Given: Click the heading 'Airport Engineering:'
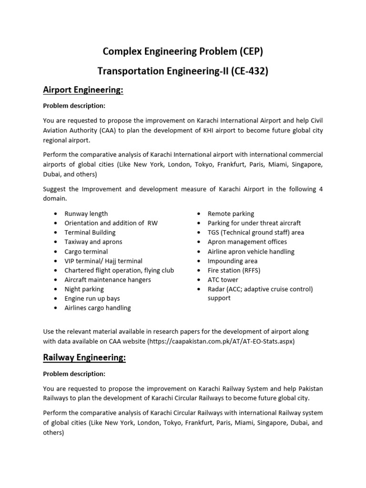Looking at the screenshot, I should pyautogui.click(x=83, y=90).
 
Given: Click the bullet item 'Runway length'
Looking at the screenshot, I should pyautogui.click(x=86, y=213).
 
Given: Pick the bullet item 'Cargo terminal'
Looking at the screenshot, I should pyautogui.click(x=86, y=251).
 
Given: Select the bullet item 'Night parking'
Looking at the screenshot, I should pyautogui.click(x=84, y=289).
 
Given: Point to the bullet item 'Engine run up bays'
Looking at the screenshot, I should pyautogui.click(x=92, y=298).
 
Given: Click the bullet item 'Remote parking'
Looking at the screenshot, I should pyautogui.click(x=231, y=213).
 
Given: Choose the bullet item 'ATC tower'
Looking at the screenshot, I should pyautogui.click(x=223, y=280).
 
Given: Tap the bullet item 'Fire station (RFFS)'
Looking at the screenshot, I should pyautogui.click(x=234, y=270).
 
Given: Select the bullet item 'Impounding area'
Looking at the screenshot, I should pyautogui.click(x=233, y=261).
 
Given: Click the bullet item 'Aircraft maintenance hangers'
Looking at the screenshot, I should pyautogui.click(x=108, y=280).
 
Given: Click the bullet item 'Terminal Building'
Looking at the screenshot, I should pyautogui.click(x=90, y=233).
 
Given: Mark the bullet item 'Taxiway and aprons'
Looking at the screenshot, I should pyautogui.click(x=93, y=242).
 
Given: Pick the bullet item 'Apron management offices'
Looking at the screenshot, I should pyautogui.click(x=247, y=242).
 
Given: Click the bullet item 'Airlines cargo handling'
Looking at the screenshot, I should pyautogui.click(x=98, y=308).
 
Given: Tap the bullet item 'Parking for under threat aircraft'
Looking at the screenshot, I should pyautogui.click(x=254, y=223).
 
